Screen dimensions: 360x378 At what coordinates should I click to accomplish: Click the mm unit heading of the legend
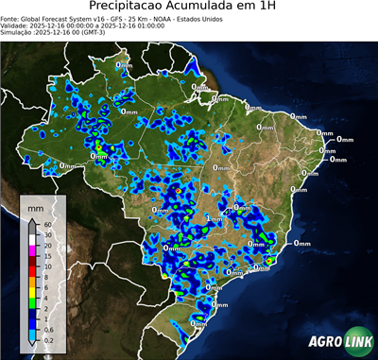(36, 205)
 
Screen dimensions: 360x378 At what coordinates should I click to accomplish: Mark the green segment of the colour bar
(33, 300)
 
